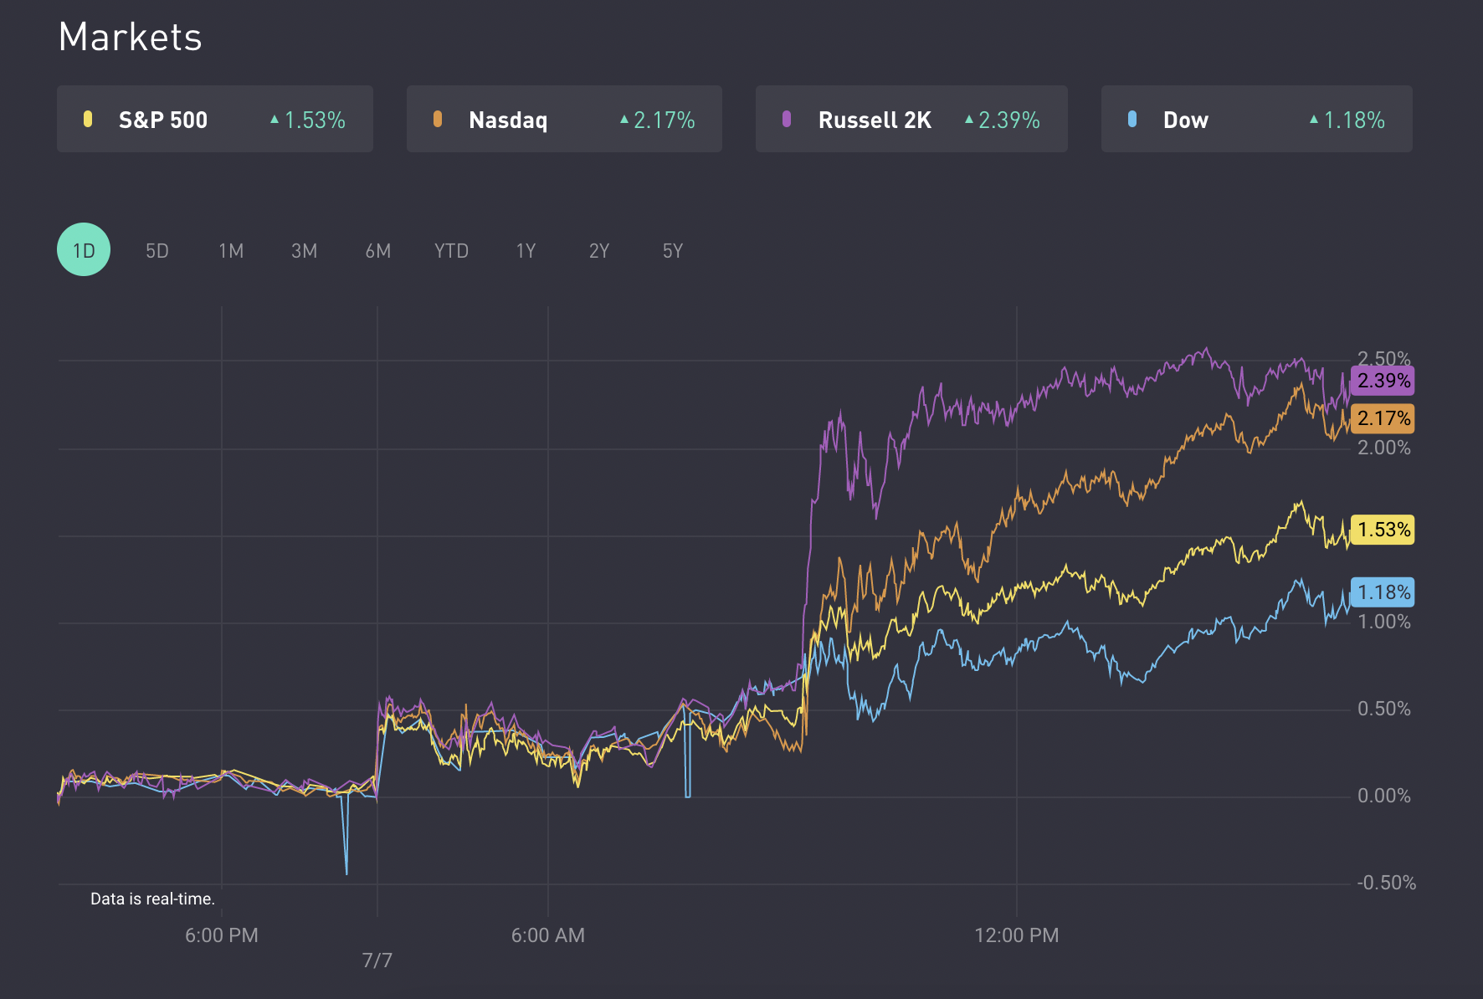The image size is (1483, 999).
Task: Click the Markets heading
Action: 130,38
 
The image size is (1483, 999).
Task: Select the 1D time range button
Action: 84,250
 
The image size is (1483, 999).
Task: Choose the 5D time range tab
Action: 157,251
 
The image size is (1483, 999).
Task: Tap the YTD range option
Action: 451,251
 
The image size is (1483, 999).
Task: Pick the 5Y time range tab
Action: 673,251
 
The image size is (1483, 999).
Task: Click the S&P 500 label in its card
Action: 163,120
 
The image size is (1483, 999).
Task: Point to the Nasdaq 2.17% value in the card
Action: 664,120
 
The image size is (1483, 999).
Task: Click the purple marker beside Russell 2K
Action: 787,120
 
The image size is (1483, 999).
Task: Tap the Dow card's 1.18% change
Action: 1353,120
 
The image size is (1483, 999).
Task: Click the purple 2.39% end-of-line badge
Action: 1383,381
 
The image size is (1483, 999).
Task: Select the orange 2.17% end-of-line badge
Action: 1383,418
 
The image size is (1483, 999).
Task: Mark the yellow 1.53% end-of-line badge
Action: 1383,530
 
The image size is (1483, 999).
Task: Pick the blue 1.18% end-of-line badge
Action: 1383,592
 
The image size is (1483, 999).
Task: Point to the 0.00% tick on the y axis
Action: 1383,796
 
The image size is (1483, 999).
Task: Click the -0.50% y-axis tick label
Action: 1386,883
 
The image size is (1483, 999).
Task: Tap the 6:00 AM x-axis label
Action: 548,935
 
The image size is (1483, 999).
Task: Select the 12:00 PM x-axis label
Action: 1017,935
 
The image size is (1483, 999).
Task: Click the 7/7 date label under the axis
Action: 377,961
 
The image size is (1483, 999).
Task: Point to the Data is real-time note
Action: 152,899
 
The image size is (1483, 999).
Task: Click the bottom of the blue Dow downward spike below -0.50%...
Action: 346,873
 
